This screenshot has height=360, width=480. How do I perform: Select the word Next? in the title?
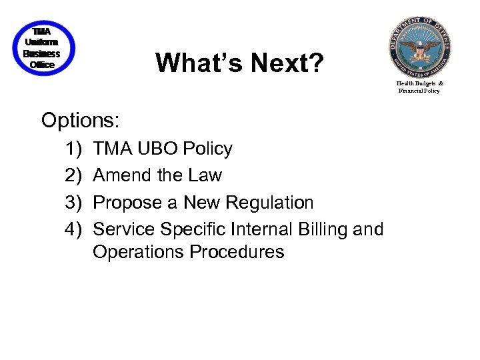pyautogui.click(x=287, y=63)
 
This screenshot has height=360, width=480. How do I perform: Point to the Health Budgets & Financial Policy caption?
pyautogui.click(x=420, y=87)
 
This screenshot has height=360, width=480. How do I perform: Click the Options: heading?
pyautogui.click(x=80, y=120)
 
